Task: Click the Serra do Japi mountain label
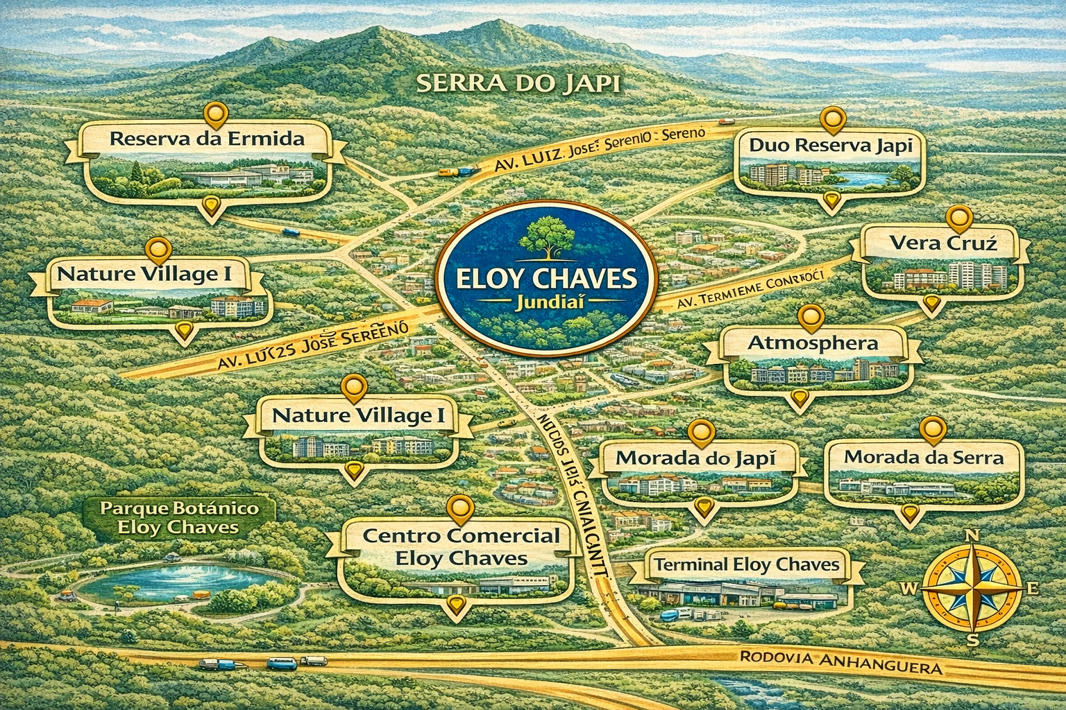519,85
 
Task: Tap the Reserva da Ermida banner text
207,138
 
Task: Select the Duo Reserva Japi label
830,146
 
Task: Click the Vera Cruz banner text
942,243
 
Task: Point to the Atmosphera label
813,343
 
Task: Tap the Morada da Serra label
924,458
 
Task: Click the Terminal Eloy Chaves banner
746,564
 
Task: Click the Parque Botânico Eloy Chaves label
179,517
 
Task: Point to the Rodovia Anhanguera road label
839,662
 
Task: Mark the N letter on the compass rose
973,536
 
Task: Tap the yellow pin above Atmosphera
810,317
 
